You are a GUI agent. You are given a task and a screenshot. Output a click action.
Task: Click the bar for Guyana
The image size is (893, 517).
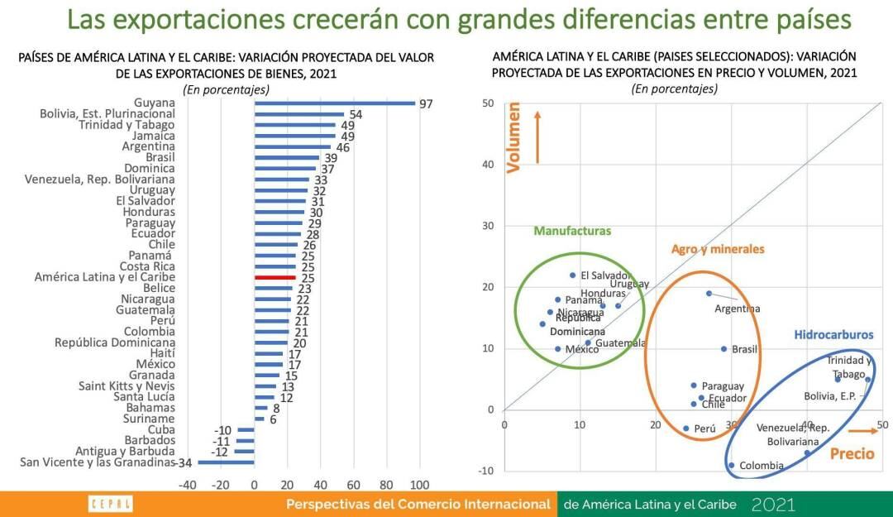point(335,103)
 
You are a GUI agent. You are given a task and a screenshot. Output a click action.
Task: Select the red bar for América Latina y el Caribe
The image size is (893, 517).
point(275,278)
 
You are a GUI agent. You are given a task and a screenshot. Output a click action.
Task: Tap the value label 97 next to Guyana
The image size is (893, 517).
point(426,104)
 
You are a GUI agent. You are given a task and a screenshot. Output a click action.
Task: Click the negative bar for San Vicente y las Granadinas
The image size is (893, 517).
point(226,462)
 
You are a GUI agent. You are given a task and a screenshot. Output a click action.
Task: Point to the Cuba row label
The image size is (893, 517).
point(160,430)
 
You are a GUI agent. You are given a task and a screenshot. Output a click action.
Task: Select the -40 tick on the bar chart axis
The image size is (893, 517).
point(188,485)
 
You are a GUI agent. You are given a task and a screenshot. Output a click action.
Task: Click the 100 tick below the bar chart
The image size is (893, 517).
point(419,485)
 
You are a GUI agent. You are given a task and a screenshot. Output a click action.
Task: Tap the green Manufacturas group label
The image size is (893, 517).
point(572,231)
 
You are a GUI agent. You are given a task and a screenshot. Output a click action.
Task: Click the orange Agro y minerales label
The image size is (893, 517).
point(718,248)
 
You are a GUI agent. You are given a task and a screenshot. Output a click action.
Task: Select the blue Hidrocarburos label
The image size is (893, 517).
point(833,335)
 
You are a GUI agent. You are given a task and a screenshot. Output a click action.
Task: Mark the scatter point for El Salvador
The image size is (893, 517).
point(572,275)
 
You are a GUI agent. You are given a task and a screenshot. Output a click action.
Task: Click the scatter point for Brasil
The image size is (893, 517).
point(723,349)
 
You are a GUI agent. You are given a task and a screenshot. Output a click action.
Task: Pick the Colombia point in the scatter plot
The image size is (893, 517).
point(731,465)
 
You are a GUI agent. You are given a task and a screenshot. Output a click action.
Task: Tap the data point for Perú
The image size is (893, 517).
point(685,428)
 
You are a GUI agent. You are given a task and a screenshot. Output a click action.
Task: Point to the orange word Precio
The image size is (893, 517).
point(852,453)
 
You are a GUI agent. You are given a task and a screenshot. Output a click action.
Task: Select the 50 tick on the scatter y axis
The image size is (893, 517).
point(489,103)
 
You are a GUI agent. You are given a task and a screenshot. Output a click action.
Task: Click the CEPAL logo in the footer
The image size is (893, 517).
point(110,504)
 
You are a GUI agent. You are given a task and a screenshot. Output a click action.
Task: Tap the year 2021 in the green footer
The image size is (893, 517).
point(773,504)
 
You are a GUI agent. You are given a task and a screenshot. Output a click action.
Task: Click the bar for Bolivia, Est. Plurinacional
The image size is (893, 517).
point(299,114)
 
